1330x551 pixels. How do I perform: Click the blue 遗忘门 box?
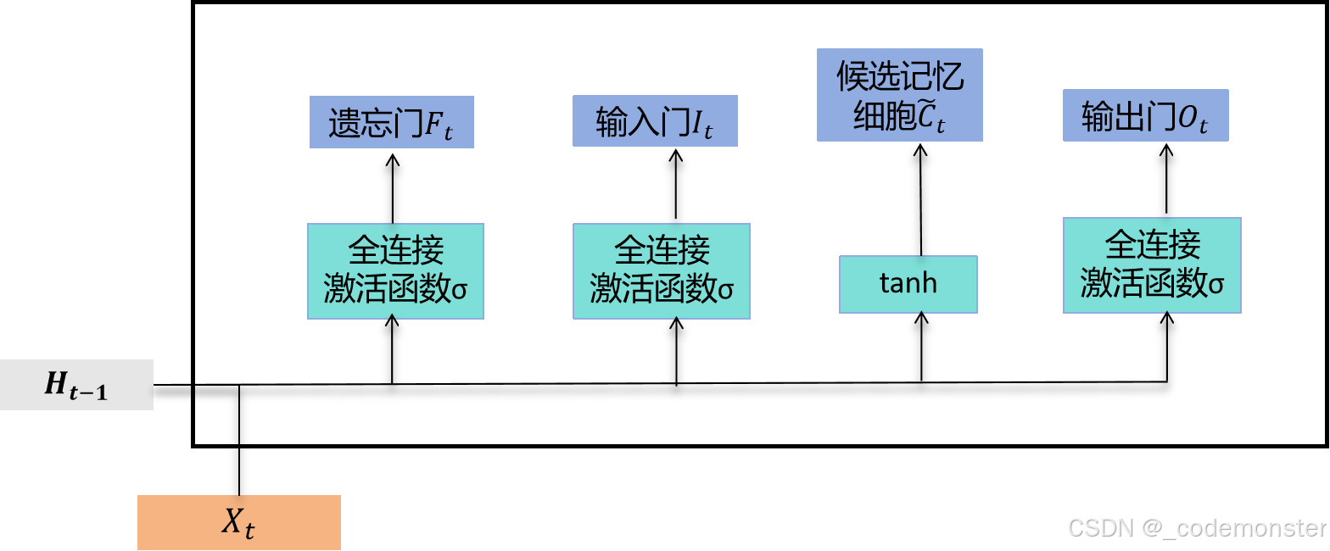click(391, 123)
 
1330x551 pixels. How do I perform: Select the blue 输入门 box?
click(655, 121)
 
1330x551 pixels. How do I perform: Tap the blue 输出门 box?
click(1145, 116)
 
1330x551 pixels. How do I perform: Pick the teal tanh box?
click(908, 284)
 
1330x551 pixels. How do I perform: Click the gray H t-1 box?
click(76, 385)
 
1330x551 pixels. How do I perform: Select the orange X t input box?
click(238, 523)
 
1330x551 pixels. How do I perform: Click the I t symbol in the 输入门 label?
click(701, 125)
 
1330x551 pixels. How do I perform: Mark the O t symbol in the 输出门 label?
click(1191, 120)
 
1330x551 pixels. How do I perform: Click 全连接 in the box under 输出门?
click(1152, 246)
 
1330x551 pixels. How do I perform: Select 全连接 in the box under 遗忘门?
click(395, 252)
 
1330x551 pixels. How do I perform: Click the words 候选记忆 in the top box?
click(900, 77)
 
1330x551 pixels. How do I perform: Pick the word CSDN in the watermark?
click(1099, 527)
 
